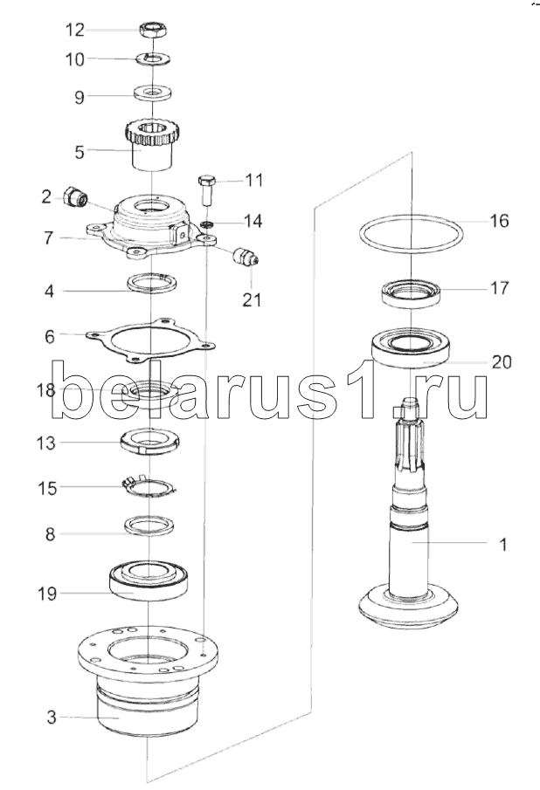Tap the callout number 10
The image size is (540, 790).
[x=75, y=59]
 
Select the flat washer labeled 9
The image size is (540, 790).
[x=153, y=91]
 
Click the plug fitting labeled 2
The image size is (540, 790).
[x=76, y=199]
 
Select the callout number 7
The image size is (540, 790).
[x=50, y=237]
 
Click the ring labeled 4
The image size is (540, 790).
[x=152, y=284]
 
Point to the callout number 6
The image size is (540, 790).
[x=50, y=335]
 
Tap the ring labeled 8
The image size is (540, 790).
[x=150, y=525]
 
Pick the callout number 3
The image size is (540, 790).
[x=51, y=718]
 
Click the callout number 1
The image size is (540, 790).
[x=502, y=545]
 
